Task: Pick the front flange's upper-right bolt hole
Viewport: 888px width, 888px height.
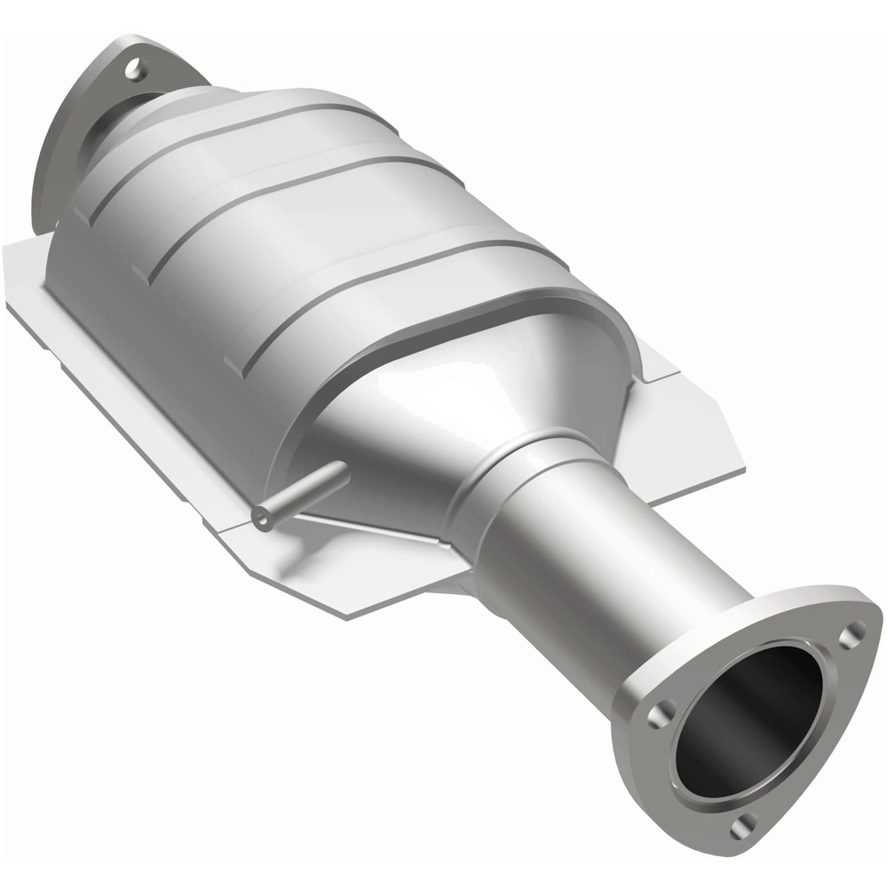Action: tap(854, 631)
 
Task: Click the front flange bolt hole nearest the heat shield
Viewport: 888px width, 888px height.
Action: tap(657, 716)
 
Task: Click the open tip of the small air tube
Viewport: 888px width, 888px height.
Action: tap(260, 518)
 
